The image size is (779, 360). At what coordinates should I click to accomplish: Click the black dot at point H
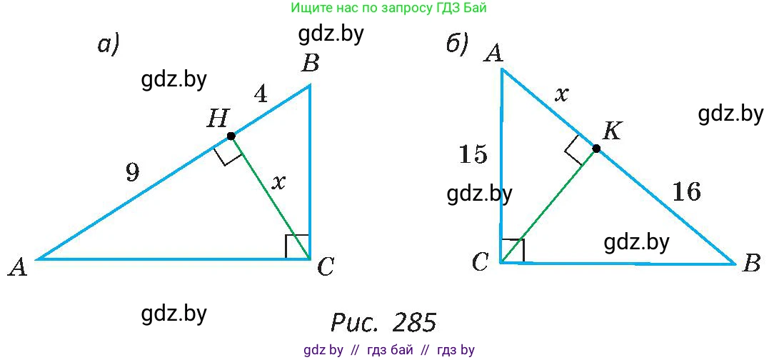click(231, 136)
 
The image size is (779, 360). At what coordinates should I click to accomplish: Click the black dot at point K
click(596, 148)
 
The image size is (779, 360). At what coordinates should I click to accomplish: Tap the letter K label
click(612, 132)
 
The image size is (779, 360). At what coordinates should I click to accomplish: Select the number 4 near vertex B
click(261, 94)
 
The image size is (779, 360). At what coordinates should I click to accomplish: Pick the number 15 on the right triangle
click(473, 154)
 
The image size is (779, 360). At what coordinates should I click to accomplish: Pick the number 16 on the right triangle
click(687, 191)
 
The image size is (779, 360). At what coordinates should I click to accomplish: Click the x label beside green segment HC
click(280, 182)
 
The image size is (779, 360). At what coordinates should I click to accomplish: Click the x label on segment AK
click(561, 94)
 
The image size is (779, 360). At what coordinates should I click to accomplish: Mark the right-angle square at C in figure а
click(298, 246)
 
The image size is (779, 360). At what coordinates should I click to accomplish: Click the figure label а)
click(109, 45)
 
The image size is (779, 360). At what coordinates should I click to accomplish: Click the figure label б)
click(457, 45)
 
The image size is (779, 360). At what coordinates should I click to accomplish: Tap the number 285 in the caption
click(414, 323)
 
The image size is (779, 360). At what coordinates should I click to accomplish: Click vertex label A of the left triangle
click(18, 269)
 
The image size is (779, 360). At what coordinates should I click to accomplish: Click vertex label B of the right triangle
click(750, 264)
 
